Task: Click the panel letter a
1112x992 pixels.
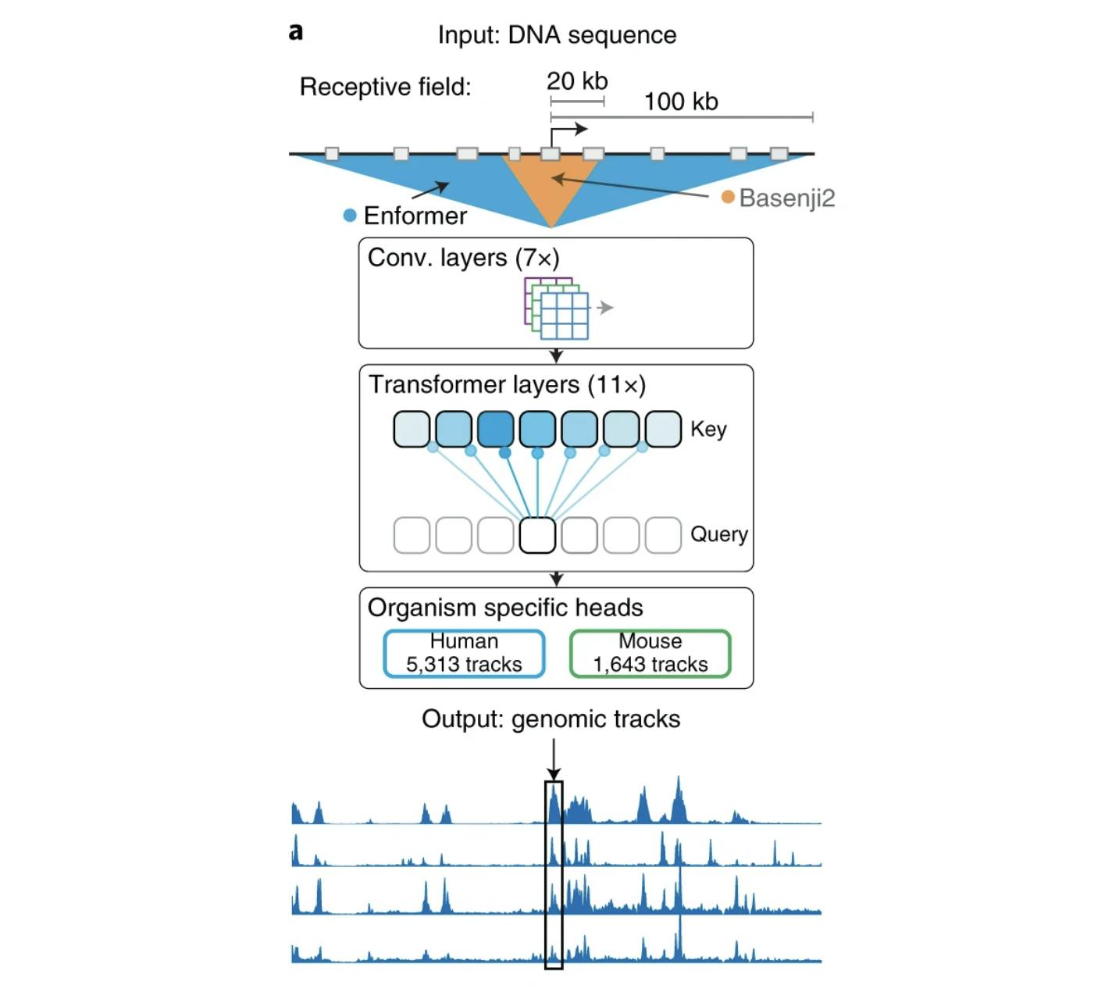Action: click(x=295, y=32)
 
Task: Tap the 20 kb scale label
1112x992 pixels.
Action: click(x=577, y=81)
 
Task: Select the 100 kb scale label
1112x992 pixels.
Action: click(x=681, y=102)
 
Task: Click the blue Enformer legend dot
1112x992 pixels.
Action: click(x=350, y=216)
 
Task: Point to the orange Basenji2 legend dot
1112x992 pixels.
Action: click(x=728, y=197)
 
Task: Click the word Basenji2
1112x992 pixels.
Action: click(x=787, y=198)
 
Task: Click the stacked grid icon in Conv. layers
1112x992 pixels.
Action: click(x=557, y=308)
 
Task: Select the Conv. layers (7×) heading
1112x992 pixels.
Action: click(x=463, y=258)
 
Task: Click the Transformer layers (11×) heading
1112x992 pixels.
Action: click(x=507, y=384)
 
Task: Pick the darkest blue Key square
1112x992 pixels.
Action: click(x=495, y=429)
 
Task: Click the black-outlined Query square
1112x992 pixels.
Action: click(x=537, y=535)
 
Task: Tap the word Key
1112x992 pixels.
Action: click(x=708, y=429)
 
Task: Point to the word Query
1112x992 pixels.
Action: click(x=718, y=534)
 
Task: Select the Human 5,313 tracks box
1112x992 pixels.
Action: click(x=464, y=653)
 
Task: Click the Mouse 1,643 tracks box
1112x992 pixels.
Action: click(x=650, y=653)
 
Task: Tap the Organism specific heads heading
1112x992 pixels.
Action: click(x=505, y=608)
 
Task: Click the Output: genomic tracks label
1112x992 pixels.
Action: click(x=551, y=719)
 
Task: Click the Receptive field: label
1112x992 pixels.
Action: click(x=385, y=87)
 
